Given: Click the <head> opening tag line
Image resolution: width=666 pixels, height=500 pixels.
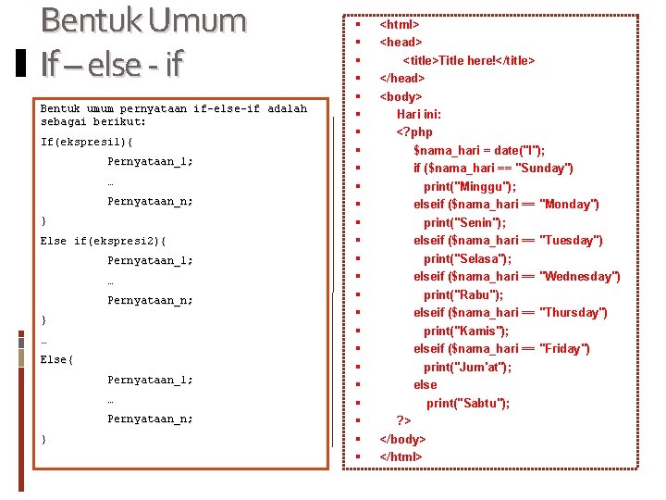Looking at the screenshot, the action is (x=401, y=42).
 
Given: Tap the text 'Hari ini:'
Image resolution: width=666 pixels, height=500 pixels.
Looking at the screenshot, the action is (x=419, y=114).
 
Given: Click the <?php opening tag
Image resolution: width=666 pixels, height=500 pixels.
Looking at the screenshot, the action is (x=414, y=132).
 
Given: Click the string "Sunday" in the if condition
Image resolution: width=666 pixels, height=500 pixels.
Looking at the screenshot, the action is (x=546, y=169).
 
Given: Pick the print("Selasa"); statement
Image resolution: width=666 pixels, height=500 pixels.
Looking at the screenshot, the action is (x=467, y=258).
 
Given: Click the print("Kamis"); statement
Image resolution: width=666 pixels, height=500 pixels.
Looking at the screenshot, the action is (x=466, y=331).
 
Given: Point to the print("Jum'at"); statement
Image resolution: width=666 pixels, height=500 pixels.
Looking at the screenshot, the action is (x=467, y=367).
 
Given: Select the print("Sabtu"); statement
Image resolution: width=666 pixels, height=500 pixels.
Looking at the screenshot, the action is (x=468, y=403).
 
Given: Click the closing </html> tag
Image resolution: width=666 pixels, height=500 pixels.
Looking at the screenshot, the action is (x=401, y=456).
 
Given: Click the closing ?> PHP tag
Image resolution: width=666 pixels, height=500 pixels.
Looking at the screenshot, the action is (x=404, y=420).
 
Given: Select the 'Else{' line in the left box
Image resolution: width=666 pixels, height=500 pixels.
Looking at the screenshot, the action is (x=57, y=359).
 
